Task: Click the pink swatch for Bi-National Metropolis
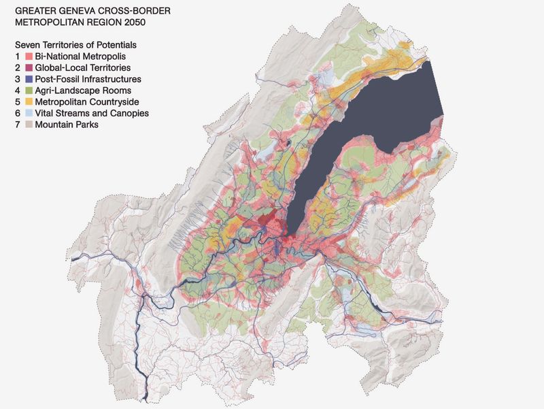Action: pyautogui.click(x=29, y=56)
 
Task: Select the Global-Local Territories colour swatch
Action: pyautogui.click(x=29, y=68)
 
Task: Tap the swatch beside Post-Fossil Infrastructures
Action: pyautogui.click(x=29, y=79)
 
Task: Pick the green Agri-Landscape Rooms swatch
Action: pyautogui.click(x=29, y=91)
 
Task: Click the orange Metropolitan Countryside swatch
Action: pyautogui.click(x=29, y=101)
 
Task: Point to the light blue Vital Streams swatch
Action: pyautogui.click(x=29, y=113)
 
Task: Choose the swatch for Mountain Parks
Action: pyautogui.click(x=29, y=125)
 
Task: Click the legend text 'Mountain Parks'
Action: pyautogui.click(x=66, y=125)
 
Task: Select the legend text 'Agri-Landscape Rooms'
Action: pyautogui.click(x=83, y=91)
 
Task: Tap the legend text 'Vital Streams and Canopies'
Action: pyautogui.click(x=91, y=113)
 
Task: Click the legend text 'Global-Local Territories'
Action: pyautogui.click(x=83, y=68)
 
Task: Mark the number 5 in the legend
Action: pyautogui.click(x=17, y=101)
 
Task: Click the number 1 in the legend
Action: pyautogui.click(x=17, y=56)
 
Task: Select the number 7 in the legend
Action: pyautogui.click(x=17, y=125)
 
